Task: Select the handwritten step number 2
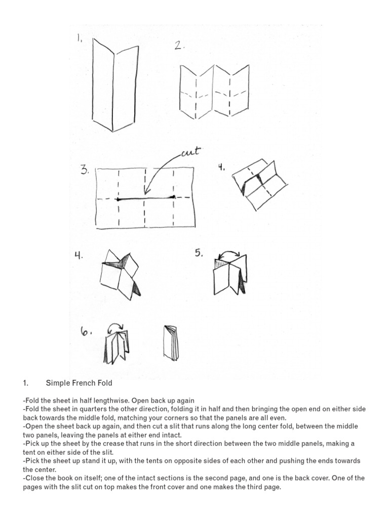[179, 46]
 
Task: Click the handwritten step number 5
[199, 252]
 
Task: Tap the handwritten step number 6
[86, 332]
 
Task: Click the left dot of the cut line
[118, 199]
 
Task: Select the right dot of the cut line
[173, 197]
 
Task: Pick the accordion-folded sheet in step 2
[214, 91]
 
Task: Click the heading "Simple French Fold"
[79, 383]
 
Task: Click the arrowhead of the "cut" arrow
[145, 192]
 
